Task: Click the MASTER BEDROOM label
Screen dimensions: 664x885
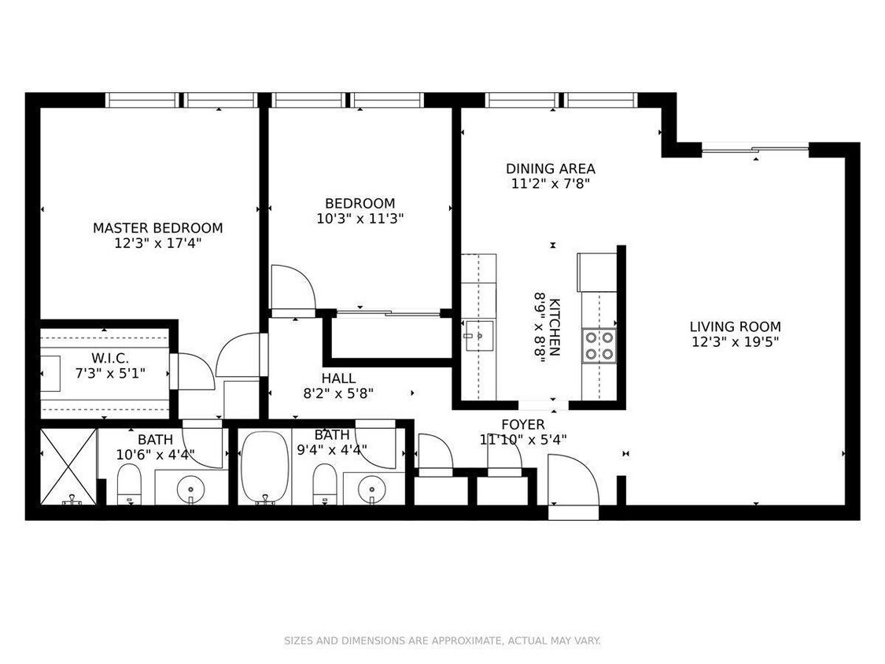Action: tap(157, 228)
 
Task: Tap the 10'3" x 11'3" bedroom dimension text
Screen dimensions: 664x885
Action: tap(361, 219)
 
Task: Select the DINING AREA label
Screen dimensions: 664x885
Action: tap(550, 168)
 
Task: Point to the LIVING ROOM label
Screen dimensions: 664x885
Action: tap(735, 326)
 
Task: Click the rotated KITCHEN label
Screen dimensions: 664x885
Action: tap(555, 326)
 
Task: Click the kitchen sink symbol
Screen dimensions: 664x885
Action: tap(474, 337)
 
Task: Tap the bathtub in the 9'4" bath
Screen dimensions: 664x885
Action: tap(264, 467)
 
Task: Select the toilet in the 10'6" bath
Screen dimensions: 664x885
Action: tap(128, 484)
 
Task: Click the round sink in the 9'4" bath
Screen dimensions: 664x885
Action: tap(371, 489)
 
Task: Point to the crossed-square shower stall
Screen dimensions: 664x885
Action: tap(68, 466)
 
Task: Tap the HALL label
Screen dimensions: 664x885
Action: tap(338, 378)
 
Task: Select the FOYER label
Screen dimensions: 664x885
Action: tap(523, 425)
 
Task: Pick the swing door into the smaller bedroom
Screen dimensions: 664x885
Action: tap(291, 288)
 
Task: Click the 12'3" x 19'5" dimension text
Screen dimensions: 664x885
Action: tap(735, 342)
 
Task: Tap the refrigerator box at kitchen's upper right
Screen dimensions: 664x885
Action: tap(596, 271)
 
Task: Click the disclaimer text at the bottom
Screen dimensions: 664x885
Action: tap(442, 641)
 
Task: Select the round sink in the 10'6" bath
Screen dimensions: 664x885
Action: tap(191, 489)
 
